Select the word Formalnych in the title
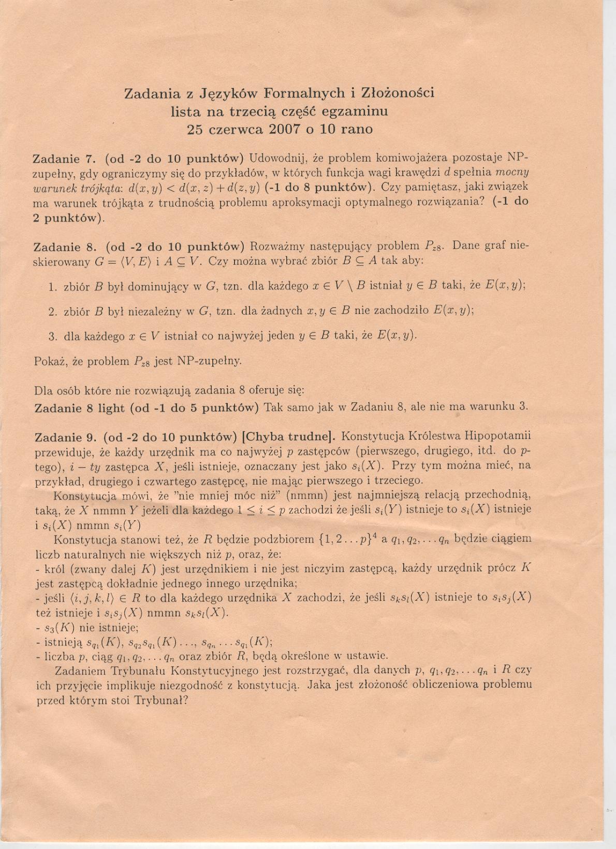pos(304,93)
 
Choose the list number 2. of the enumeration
pos(52,312)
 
